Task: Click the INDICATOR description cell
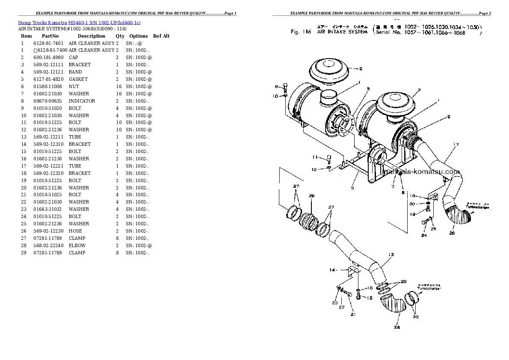coord(82,101)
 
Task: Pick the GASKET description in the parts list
coord(78,79)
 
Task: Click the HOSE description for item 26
coord(75,231)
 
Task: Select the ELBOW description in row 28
coord(77,245)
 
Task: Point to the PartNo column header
coord(50,36)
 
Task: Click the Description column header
coord(91,36)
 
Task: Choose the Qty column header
coord(120,36)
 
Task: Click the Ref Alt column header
coord(161,36)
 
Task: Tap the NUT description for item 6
coord(74,86)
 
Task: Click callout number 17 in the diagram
coord(456,145)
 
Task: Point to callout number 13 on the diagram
coord(391,254)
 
